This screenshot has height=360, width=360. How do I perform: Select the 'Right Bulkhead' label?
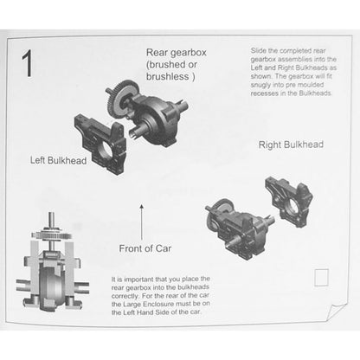(291, 145)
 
